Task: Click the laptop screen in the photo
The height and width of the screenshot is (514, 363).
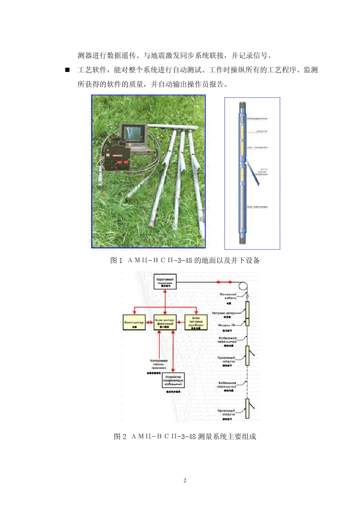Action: tap(132, 133)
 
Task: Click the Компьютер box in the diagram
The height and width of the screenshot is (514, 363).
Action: tap(134, 323)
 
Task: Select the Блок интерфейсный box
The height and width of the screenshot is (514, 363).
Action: tap(165, 323)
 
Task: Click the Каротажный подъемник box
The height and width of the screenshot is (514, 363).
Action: tap(165, 282)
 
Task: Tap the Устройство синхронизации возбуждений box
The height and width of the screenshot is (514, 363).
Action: tap(173, 381)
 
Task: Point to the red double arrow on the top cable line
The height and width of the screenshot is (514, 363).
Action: tap(224, 282)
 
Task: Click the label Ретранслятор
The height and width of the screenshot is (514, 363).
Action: tap(224, 313)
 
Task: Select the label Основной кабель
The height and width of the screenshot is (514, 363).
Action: tap(228, 296)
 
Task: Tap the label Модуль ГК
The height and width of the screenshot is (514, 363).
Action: tap(227, 325)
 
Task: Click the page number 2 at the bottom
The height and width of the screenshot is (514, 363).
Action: tap(185, 480)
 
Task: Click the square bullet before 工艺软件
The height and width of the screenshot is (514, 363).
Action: tap(67, 70)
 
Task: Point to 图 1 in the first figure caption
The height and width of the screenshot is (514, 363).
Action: tap(116, 261)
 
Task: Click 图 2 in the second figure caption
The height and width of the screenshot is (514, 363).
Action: tap(120, 436)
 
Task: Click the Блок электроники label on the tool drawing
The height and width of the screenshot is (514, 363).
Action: tap(257, 207)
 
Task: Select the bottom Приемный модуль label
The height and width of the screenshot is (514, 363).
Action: tap(227, 412)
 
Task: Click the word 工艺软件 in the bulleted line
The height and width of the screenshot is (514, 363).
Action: tap(92, 70)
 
